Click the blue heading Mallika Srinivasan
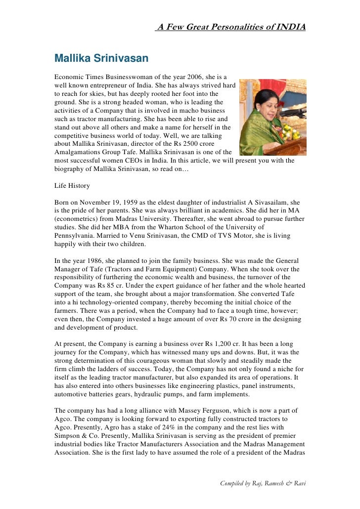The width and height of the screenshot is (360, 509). click(x=101, y=59)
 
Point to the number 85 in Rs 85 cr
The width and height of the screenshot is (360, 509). click(x=115, y=286)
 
